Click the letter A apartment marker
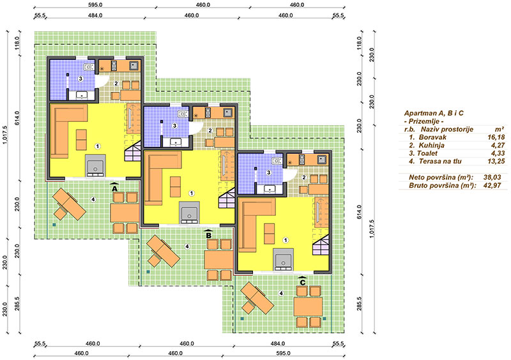click(114, 188)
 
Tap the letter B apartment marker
click(209, 235)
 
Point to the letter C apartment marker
click(303, 282)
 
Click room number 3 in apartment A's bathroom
click(80, 79)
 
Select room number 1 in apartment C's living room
click(286, 241)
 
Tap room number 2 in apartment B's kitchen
click(210, 131)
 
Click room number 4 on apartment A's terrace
click(93, 199)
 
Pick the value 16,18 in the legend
click(496, 137)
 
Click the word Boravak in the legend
click(432, 137)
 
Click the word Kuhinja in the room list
click(432, 146)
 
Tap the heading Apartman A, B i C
click(434, 113)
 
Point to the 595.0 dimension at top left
click(95, 5)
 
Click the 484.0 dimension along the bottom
click(278, 343)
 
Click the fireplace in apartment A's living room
click(95, 166)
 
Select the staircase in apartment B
click(227, 199)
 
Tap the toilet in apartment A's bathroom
click(88, 68)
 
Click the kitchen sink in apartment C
click(323, 160)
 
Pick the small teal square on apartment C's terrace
click(242, 319)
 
